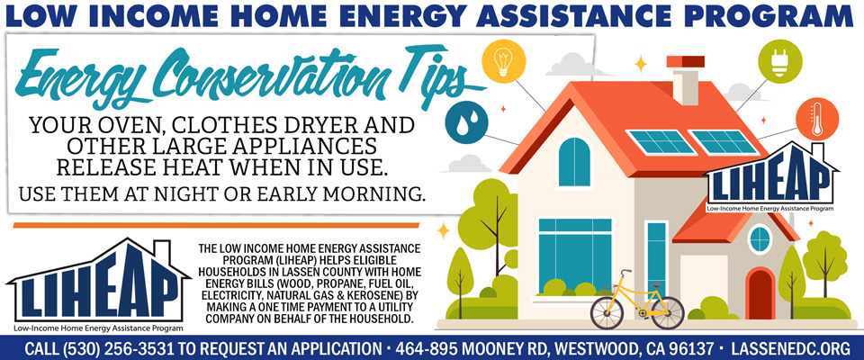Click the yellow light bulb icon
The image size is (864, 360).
pyautogui.click(x=504, y=61)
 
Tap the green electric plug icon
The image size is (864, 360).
pyautogui.click(x=779, y=61)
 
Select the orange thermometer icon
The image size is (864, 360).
pyautogui.click(x=817, y=119)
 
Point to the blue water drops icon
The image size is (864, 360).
pyautogui.click(x=467, y=121)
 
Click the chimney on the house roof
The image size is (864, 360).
pyautogui.click(x=686, y=79)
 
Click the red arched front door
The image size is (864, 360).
pyautogui.click(x=760, y=293)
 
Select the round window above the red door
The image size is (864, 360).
pyautogui.click(x=760, y=239)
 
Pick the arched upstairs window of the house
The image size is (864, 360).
pyautogui.click(x=574, y=161)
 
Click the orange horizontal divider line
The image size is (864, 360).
pyautogui.click(x=216, y=225)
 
